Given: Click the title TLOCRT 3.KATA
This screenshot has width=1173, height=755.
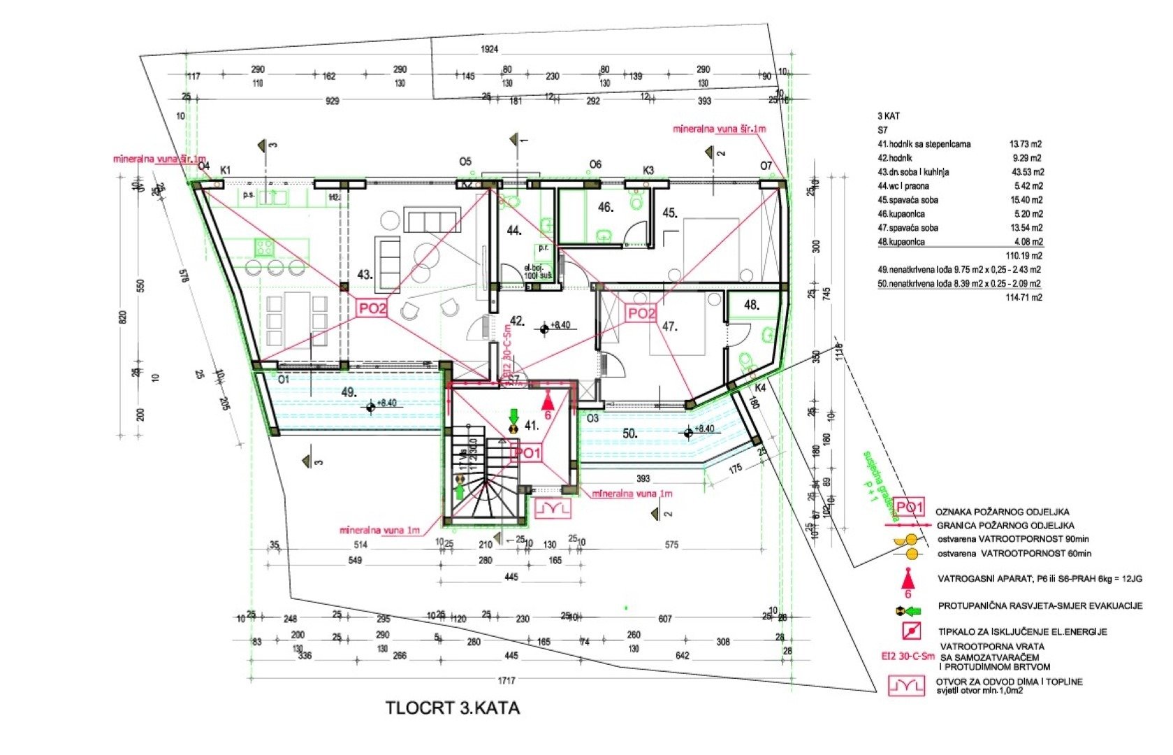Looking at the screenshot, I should coord(453,707).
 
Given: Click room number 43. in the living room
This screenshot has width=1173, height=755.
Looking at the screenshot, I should coord(365,275).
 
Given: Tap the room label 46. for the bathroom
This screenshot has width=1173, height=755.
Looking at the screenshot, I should coord(605,207).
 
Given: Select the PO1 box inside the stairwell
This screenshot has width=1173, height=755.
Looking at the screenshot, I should coord(527,453).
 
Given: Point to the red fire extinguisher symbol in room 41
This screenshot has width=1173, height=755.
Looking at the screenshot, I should coord(548,401).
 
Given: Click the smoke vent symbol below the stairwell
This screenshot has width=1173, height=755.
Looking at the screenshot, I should coord(553,508).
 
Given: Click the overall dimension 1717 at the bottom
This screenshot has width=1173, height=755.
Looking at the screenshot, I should coord(507,680).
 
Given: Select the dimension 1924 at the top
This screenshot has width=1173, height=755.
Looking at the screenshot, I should coord(489,49).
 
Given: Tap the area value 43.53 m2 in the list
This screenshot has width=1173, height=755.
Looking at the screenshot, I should coord(1026,172).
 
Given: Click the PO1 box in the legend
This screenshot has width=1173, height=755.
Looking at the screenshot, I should coord(910,508).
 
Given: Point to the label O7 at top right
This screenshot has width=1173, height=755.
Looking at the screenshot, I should coord(766,166).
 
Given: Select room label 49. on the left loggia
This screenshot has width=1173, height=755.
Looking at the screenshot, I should coord(349,392).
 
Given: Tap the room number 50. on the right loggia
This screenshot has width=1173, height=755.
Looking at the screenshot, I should coord(629,433).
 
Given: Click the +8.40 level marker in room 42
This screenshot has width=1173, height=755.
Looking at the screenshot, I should coord(560,325).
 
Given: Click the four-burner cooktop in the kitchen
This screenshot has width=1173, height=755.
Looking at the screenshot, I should coord(263,246).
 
